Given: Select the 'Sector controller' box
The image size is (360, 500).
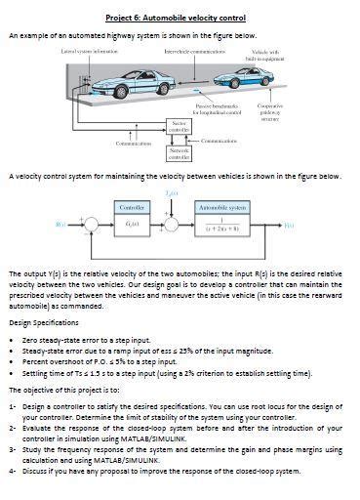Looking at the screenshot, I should (x=180, y=127).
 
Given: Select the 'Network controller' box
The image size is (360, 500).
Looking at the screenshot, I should (x=180, y=153).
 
